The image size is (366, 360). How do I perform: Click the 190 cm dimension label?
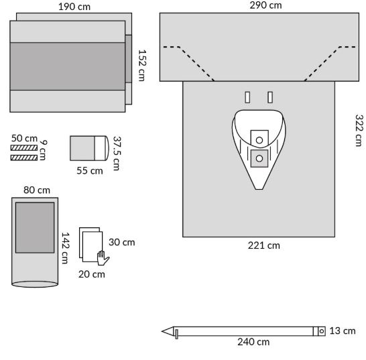click(74, 7)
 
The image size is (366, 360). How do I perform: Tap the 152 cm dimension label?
click(141, 66)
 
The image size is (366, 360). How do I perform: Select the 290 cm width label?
click(265, 5)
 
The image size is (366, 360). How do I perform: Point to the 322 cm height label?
click(359, 130)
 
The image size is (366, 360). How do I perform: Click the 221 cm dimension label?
click(263, 245)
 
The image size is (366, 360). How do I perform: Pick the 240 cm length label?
click(253, 342)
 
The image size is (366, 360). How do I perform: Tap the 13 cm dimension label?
click(343, 331)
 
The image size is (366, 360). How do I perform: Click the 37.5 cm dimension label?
click(117, 154)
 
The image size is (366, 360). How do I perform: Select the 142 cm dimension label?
click(65, 248)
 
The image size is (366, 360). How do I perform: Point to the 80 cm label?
click(37, 190)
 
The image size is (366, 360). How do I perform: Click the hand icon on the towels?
click(103, 258)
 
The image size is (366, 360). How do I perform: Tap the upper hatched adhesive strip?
click(24, 147)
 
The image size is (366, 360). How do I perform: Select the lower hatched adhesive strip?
click(24, 158)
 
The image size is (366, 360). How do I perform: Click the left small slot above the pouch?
click(247, 97)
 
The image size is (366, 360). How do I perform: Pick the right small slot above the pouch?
click(270, 97)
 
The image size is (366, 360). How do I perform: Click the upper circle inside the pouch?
click(259, 140)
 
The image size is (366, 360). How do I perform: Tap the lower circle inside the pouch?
click(259, 158)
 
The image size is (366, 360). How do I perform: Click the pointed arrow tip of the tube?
click(162, 331)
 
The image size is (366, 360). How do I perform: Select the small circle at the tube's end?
click(321, 331)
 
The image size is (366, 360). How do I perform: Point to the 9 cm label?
click(43, 150)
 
